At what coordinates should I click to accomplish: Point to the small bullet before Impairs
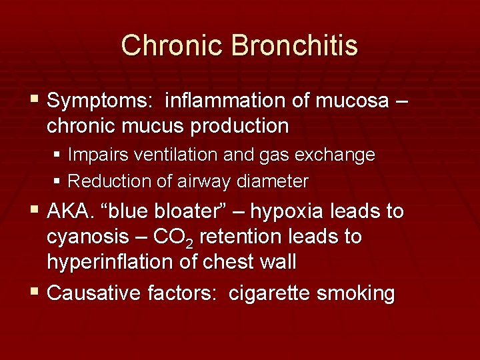tap(58, 155)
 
